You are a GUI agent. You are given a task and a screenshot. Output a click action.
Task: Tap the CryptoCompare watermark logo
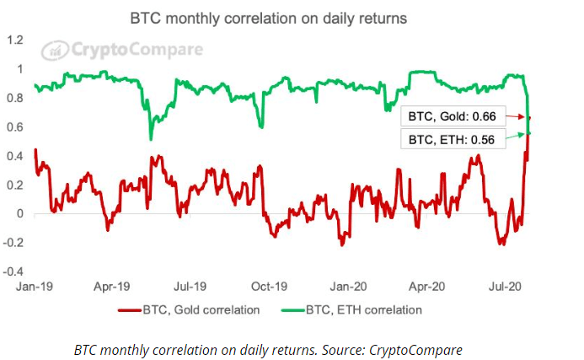pos(123,50)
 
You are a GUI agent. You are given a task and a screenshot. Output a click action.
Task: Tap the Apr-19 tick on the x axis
pos(112,287)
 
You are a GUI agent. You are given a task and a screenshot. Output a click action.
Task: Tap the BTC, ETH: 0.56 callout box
pos(451,137)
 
